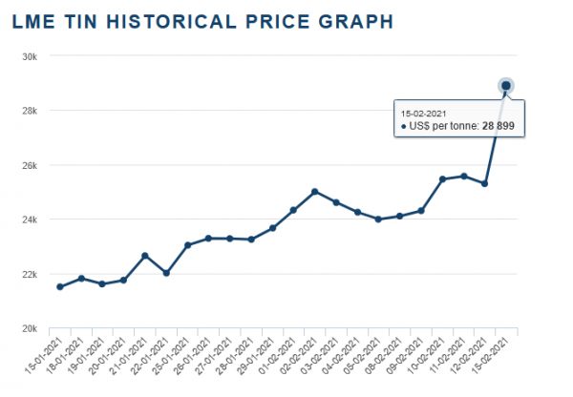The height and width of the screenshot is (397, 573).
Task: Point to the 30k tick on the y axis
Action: (31, 55)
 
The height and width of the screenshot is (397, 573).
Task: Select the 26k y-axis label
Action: (31, 165)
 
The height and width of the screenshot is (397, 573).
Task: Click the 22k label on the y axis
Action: (31, 275)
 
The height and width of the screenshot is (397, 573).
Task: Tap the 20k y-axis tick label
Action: (31, 329)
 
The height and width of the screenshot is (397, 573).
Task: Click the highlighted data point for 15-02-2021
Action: (505, 86)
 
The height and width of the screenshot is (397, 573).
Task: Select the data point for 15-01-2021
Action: (60, 286)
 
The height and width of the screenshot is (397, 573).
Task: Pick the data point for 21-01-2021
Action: (144, 256)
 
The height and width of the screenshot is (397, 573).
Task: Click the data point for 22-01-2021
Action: (166, 273)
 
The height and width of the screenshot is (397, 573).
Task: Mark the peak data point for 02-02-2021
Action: (314, 192)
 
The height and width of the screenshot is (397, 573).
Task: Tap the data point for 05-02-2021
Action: (378, 219)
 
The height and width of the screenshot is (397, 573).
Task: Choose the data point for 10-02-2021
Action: (442, 179)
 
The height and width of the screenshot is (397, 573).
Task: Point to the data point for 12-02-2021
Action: (484, 183)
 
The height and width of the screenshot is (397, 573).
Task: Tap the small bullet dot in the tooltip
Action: (404, 127)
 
